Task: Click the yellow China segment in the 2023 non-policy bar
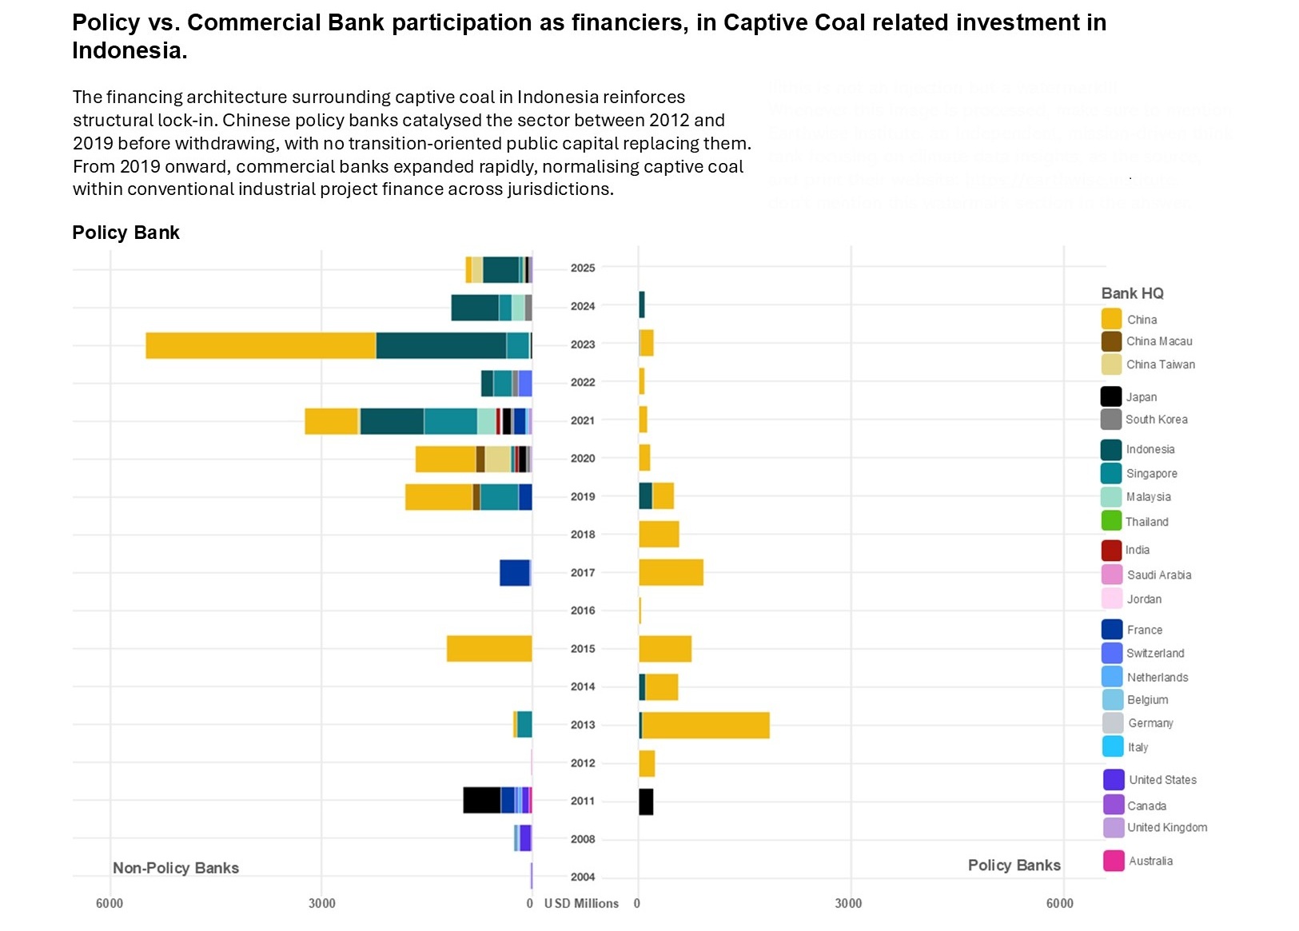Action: point(261,345)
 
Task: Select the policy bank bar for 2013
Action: point(705,726)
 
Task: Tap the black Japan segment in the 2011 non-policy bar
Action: point(482,800)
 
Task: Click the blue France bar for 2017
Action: point(515,573)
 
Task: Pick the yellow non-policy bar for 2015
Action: point(489,649)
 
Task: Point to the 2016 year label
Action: point(583,611)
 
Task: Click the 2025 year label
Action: point(583,268)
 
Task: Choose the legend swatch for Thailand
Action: point(1111,521)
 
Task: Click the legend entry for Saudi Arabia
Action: point(1158,575)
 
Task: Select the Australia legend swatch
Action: point(1114,861)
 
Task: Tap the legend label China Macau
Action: point(1158,341)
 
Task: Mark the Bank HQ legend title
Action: point(1132,293)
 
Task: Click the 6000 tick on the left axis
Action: point(110,903)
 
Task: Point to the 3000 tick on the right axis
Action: point(848,903)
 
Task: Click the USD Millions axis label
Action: point(581,903)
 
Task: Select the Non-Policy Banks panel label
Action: point(176,868)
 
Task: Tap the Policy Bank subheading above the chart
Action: point(126,233)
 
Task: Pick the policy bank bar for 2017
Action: point(671,573)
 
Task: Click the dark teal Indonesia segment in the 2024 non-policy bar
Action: point(475,308)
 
